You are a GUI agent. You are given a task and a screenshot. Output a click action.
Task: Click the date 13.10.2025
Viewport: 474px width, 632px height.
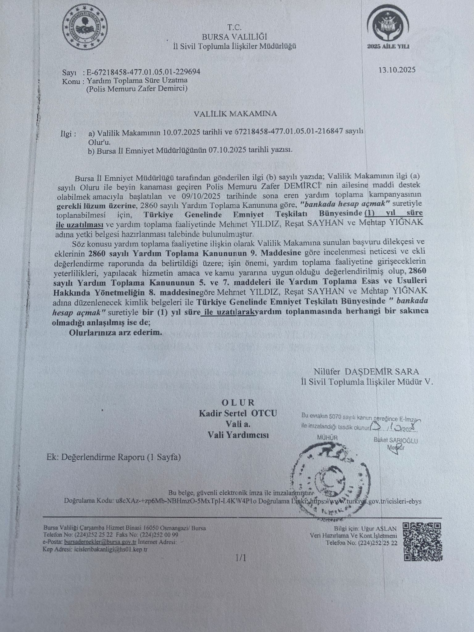(397, 69)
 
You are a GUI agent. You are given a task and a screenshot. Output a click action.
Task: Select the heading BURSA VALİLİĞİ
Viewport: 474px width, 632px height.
(234, 37)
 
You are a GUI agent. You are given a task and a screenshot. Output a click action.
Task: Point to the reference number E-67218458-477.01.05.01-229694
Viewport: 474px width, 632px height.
(143, 72)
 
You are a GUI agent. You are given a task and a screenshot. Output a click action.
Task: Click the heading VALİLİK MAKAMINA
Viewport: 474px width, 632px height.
(235, 114)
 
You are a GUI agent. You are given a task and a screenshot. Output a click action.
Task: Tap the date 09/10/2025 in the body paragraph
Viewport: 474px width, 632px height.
(196, 196)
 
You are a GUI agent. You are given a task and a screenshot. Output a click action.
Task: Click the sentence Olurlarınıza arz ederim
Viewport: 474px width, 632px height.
(115, 333)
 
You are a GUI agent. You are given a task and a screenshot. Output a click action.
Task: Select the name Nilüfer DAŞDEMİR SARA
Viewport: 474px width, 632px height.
(367, 371)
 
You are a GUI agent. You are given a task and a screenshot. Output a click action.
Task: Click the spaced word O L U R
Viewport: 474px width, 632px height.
(238, 402)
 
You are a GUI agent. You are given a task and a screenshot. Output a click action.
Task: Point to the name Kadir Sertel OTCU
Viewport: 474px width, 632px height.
(238, 413)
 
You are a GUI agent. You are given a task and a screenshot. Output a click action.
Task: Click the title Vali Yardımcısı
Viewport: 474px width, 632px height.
(238, 435)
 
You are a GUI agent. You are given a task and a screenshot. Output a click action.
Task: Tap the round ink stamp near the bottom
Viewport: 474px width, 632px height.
(329, 481)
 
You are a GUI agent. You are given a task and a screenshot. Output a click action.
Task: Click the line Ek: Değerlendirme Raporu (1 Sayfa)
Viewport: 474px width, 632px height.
(114, 457)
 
